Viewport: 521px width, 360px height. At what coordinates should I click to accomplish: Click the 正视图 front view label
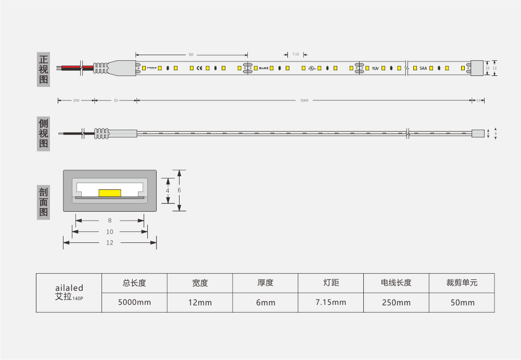(x=44, y=69)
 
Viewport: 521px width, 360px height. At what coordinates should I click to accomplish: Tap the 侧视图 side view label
(x=44, y=134)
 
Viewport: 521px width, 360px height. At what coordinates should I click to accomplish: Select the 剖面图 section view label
(x=44, y=202)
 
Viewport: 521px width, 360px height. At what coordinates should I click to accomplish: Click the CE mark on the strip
(x=199, y=68)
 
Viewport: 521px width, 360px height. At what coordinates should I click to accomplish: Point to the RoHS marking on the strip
(x=263, y=68)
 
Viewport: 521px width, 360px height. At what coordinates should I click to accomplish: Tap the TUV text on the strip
(x=375, y=68)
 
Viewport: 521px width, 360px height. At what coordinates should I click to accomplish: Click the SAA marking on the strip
(x=423, y=68)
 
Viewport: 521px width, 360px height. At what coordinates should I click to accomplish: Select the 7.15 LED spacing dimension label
(x=296, y=54)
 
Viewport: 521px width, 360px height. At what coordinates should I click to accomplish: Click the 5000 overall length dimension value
(x=304, y=100)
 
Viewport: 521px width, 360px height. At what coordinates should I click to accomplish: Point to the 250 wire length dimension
(x=76, y=100)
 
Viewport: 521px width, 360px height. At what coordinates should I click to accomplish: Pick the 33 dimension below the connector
(x=116, y=100)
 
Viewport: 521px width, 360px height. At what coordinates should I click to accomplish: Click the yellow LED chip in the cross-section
(x=109, y=193)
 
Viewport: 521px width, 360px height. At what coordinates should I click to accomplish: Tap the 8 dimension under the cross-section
(x=110, y=221)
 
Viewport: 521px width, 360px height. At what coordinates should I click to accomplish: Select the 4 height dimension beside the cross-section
(x=168, y=191)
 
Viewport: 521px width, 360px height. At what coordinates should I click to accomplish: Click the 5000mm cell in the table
(x=134, y=302)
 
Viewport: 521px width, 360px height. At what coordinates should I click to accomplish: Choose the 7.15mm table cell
(x=331, y=302)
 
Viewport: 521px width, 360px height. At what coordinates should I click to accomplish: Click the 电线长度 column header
(x=396, y=283)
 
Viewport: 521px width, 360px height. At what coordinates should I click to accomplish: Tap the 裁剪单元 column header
(x=462, y=283)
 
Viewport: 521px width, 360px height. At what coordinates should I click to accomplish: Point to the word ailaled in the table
(x=69, y=288)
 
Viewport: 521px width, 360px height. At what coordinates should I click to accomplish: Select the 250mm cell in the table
(x=396, y=302)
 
